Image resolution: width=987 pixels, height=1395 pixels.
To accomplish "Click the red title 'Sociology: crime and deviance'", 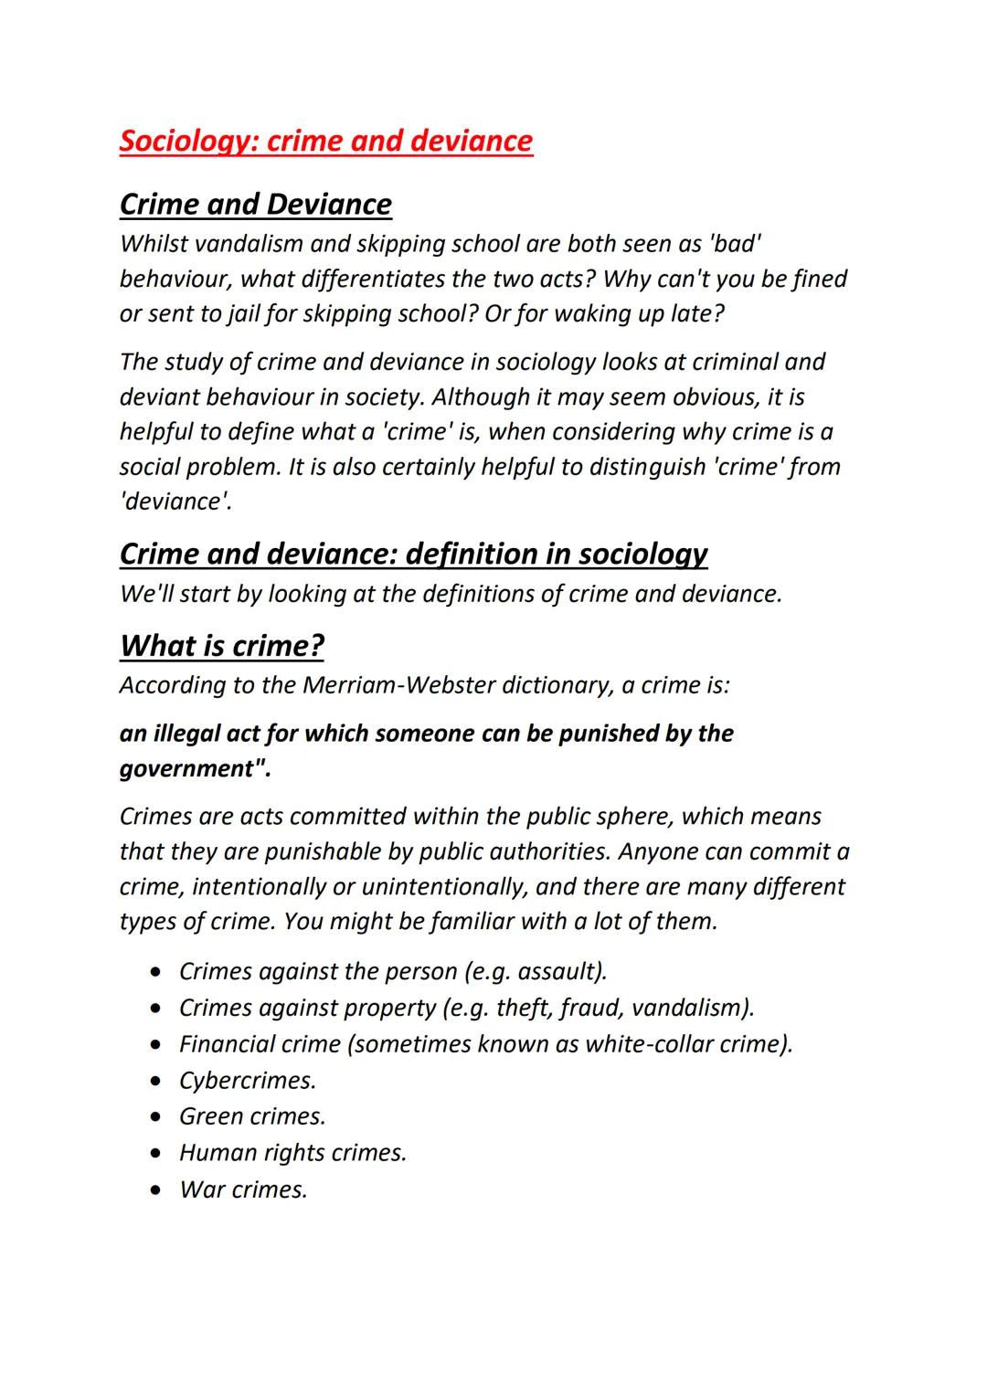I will click(325, 141).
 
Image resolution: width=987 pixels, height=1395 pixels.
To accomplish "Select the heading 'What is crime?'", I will click(221, 645).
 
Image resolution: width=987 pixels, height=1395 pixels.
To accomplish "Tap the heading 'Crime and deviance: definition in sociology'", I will click(413, 554).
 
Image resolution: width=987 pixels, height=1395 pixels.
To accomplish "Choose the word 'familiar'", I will click(471, 921).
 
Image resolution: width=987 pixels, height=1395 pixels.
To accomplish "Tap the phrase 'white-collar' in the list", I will click(649, 1044).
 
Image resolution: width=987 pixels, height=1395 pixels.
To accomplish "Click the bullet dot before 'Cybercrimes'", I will click(161, 1081).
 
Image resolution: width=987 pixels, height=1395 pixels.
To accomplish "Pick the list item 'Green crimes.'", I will click(252, 1116).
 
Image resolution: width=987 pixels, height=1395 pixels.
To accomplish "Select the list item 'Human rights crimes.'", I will click(292, 1153).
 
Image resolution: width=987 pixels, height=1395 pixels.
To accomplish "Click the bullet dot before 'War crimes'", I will click(161, 1190).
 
